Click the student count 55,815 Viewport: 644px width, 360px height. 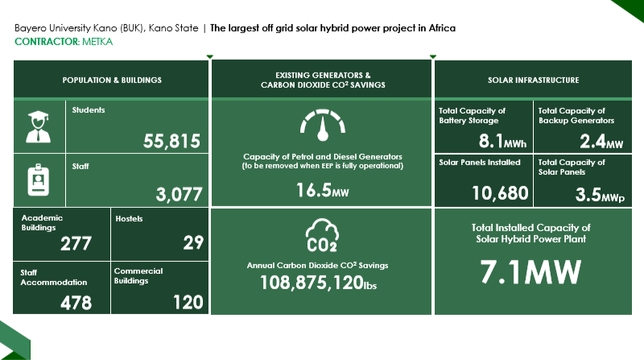point(171,142)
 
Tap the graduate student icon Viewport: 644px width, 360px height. point(38,127)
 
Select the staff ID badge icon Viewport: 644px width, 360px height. point(38,180)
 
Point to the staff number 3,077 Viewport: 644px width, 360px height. point(179,194)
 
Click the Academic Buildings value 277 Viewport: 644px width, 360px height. point(76,244)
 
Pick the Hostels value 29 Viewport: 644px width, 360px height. point(193,242)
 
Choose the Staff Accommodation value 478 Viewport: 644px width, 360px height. point(76,303)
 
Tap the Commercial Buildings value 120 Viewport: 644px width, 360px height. point(188,303)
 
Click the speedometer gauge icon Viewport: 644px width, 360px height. point(323,125)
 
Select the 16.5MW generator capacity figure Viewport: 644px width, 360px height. point(323,190)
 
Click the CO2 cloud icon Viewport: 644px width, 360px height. point(322,234)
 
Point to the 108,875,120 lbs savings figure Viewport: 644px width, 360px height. point(318,283)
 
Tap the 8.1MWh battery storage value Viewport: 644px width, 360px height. point(502,142)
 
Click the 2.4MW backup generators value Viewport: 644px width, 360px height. point(601,142)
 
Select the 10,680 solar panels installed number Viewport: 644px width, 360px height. point(500,193)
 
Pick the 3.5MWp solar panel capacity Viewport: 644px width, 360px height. point(600,195)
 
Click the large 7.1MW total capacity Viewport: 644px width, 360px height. point(530,272)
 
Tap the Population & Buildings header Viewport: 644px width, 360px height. point(112,81)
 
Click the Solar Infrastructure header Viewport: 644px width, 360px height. point(534,81)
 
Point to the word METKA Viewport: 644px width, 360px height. point(97,42)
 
